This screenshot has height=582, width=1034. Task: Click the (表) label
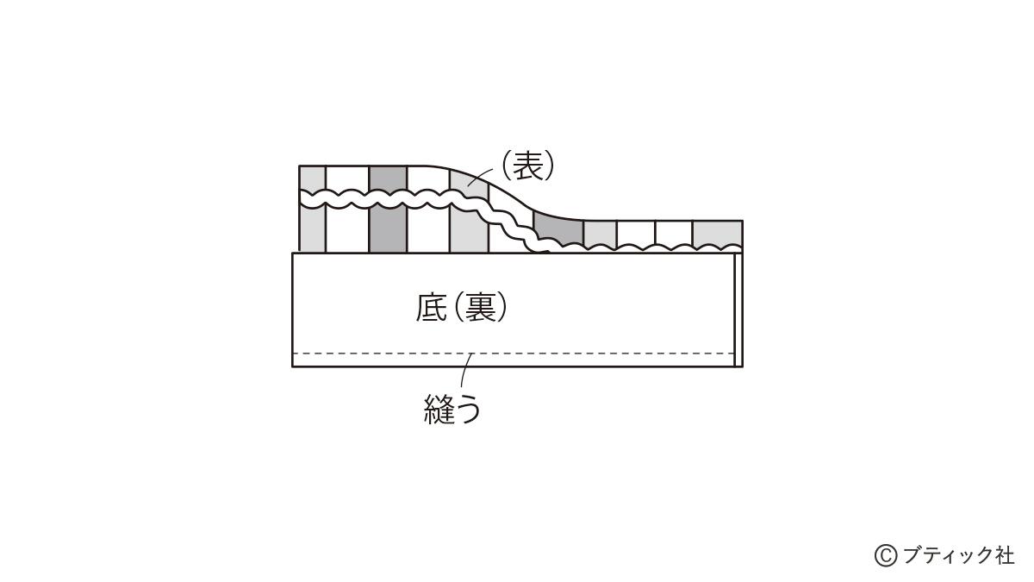[x=527, y=166]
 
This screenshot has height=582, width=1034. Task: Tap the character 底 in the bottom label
[x=432, y=308]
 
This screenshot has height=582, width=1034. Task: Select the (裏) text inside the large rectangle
[x=481, y=308]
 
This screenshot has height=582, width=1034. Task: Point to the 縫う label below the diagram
[x=452, y=409]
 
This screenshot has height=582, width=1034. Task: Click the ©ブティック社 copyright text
[x=944, y=554]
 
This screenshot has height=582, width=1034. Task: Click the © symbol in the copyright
[x=886, y=555]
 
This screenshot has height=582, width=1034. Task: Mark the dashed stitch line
[x=514, y=354]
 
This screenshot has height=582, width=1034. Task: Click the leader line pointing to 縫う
[x=464, y=370]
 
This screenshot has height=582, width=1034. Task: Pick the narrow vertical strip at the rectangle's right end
[x=738, y=310]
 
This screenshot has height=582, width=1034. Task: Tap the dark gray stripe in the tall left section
[x=389, y=210]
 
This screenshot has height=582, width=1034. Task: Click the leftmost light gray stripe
[x=313, y=210]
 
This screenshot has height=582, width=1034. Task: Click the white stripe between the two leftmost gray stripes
[x=347, y=210]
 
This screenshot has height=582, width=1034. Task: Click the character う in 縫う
[x=468, y=410]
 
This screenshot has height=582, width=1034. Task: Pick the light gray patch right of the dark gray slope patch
[x=600, y=234]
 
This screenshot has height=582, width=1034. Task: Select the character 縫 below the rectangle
[x=439, y=409]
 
